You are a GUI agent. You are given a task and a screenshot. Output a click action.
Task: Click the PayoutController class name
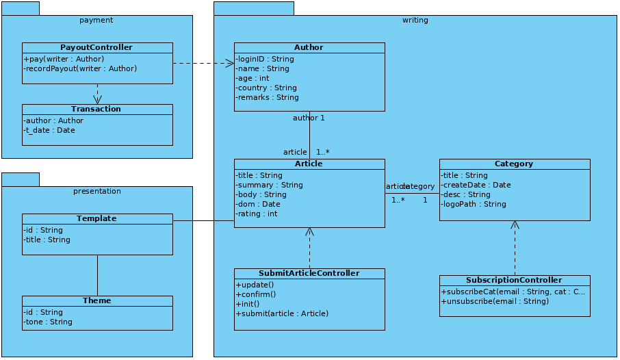click(96, 47)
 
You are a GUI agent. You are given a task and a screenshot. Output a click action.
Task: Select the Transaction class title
click(96, 109)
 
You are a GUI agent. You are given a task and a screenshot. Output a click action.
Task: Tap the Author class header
click(309, 47)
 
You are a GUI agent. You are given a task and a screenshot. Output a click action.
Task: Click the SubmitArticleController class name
click(309, 273)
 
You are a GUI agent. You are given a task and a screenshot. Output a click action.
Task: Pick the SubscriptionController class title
click(514, 280)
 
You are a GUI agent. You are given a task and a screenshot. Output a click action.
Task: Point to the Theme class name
click(96, 300)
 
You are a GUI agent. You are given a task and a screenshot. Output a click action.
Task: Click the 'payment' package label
click(96, 20)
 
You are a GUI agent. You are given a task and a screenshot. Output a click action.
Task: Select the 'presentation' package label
click(96, 191)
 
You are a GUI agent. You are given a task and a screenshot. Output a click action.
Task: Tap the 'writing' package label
click(415, 20)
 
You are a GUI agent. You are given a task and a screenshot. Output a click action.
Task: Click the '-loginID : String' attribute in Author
click(265, 59)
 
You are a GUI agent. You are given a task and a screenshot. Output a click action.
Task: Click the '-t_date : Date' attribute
click(49, 130)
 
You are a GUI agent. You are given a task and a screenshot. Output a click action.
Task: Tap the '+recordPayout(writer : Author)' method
click(80, 68)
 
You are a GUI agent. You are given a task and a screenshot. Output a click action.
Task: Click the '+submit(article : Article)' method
click(282, 313)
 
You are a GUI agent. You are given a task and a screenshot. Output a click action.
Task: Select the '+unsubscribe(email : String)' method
click(495, 301)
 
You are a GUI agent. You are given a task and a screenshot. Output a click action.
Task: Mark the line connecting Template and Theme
click(97, 275)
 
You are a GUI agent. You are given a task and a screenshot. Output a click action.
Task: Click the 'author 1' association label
click(309, 118)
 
